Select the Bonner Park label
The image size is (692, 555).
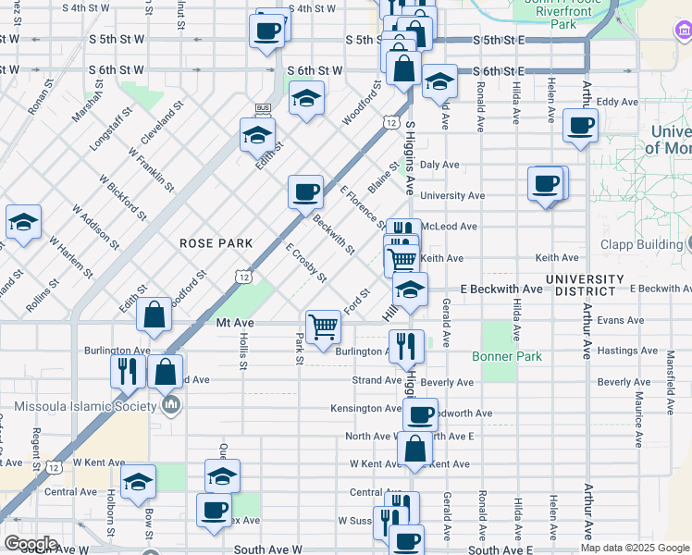click(506, 356)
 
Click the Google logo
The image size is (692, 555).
click(31, 544)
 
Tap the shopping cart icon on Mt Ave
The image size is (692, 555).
click(323, 327)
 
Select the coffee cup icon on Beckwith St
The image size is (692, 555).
click(305, 192)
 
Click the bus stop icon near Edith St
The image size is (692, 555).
click(262, 109)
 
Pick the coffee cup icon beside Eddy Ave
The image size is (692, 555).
click(580, 126)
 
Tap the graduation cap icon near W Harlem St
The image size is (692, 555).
click(24, 222)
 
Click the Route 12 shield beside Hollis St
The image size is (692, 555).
click(243, 276)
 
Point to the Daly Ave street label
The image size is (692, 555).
click(439, 165)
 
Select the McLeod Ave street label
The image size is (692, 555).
click(449, 226)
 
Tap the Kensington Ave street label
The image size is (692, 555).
click(366, 408)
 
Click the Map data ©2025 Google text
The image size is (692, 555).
click(634, 548)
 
